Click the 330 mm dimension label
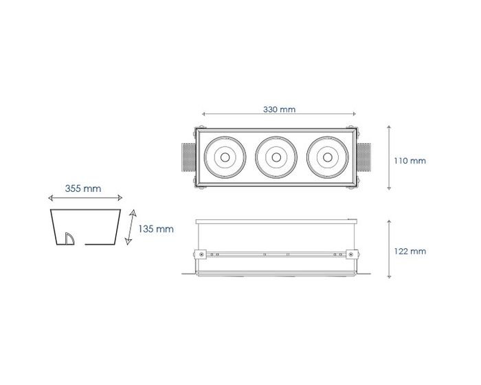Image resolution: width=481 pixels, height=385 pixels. point(279,109)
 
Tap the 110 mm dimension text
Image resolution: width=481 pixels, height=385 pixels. point(410,161)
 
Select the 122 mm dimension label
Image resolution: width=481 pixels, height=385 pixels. point(410,252)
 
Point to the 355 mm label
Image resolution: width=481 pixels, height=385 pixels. point(83,188)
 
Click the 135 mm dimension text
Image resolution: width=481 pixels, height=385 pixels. point(156,229)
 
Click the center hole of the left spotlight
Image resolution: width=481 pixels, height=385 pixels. point(225,157)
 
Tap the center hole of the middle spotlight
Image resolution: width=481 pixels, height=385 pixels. point(276,157)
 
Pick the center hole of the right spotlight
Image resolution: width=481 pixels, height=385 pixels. point(327,157)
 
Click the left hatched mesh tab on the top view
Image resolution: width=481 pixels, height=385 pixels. point(189,157)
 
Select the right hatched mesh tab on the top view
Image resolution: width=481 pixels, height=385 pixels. point(363,157)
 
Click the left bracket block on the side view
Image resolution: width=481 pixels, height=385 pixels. point(200,254)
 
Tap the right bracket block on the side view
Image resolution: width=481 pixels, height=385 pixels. point(352,254)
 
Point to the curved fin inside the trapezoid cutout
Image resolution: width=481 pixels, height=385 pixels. point(69,239)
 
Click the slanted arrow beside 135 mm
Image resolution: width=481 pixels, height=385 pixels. point(131,227)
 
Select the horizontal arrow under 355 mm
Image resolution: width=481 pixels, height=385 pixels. point(85,198)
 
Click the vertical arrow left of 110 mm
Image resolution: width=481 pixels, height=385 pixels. point(389,157)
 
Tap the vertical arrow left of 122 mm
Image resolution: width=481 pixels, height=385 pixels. point(389,249)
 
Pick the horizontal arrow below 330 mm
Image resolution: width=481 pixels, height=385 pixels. point(279,114)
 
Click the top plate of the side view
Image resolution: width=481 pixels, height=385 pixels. point(276,221)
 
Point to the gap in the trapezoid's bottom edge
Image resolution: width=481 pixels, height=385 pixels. point(80,244)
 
